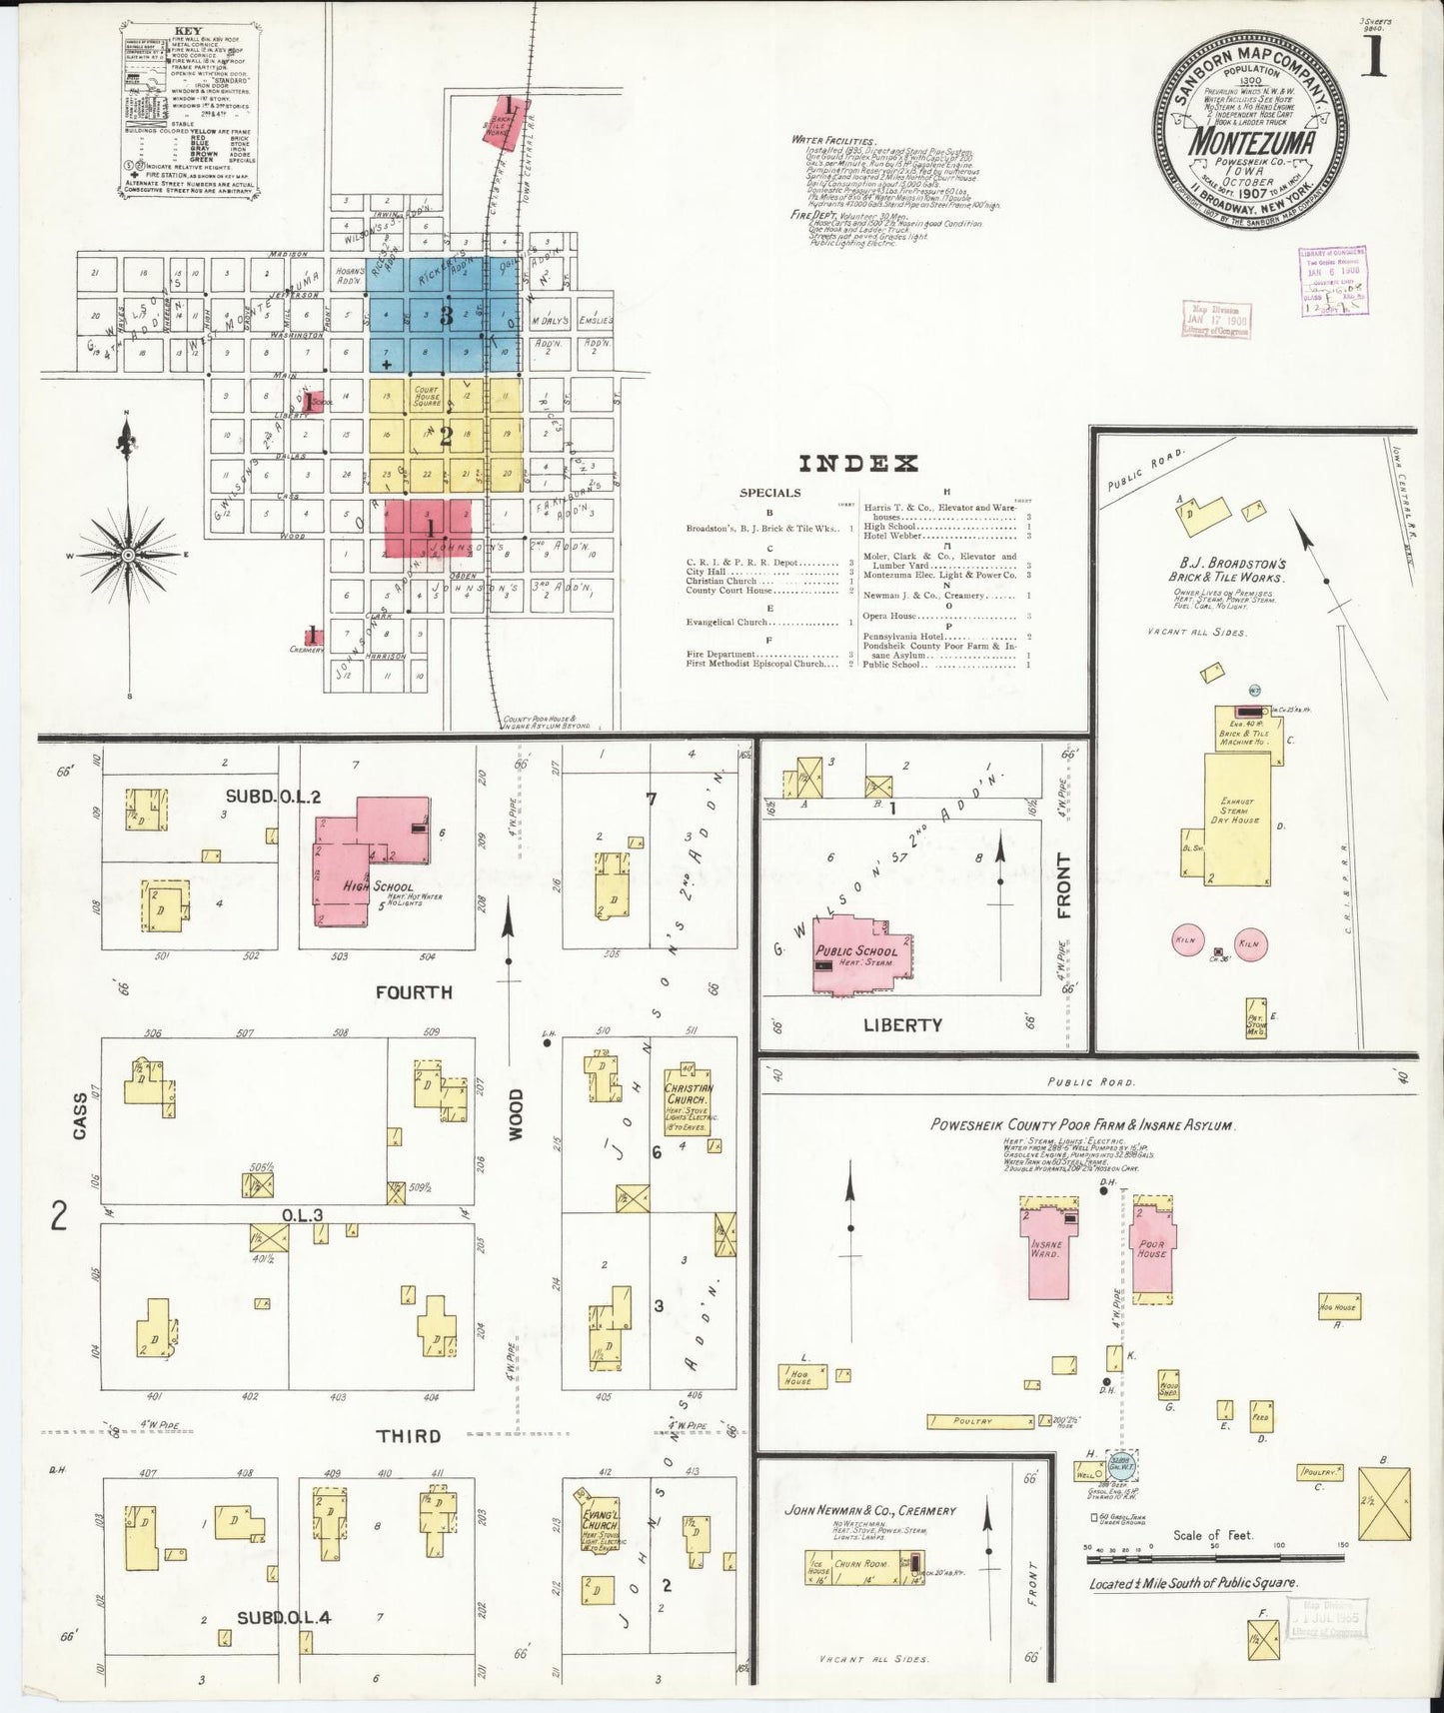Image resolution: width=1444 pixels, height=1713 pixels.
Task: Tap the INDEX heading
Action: (x=857, y=464)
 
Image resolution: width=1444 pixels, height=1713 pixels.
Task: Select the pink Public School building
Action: (x=858, y=954)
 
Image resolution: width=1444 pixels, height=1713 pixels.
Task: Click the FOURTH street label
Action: (x=414, y=991)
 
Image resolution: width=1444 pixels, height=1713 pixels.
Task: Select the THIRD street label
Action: (x=408, y=1436)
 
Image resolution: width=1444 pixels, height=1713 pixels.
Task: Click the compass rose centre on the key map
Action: (x=128, y=554)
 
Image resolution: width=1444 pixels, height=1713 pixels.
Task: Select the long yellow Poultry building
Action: (x=978, y=1421)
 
